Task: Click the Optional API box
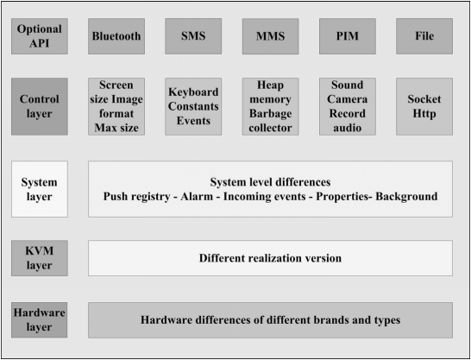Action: click(x=40, y=36)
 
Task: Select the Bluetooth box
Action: click(x=116, y=36)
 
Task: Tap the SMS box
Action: click(x=193, y=36)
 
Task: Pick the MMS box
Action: click(x=270, y=36)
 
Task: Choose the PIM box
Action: click(x=348, y=36)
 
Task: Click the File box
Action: click(x=424, y=36)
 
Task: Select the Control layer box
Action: click(x=40, y=106)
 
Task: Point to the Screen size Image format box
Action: click(x=116, y=106)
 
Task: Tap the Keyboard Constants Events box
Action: click(x=193, y=106)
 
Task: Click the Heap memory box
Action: click(x=270, y=106)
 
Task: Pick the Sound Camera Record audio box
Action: click(x=348, y=106)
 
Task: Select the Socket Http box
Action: click(x=424, y=106)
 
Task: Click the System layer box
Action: click(x=40, y=189)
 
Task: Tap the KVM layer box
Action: click(x=40, y=258)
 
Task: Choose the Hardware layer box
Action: click(x=40, y=320)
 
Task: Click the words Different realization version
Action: click(x=270, y=258)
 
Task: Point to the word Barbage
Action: click(x=270, y=114)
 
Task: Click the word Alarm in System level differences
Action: click(x=197, y=196)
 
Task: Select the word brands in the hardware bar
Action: click(x=331, y=319)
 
